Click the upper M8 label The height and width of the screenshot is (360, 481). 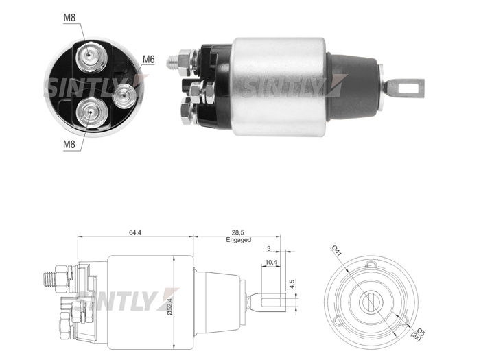point(69,17)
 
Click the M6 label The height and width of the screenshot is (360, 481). point(148,59)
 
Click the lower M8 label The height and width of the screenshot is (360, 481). point(69,144)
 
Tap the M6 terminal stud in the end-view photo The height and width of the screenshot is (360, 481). point(124,95)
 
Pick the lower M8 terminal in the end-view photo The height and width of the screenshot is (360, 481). point(91,113)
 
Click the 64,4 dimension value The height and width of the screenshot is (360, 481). point(134,232)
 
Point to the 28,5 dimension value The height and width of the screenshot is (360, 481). point(238,233)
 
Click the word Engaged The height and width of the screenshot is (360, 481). point(238,240)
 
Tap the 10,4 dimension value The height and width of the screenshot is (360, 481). point(271,263)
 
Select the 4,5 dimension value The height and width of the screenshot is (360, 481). point(292,283)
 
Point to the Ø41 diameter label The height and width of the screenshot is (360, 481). point(336,252)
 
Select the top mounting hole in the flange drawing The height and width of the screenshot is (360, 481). point(371,264)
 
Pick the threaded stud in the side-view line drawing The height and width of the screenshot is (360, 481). point(49,279)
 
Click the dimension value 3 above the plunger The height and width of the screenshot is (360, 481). point(269,249)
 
